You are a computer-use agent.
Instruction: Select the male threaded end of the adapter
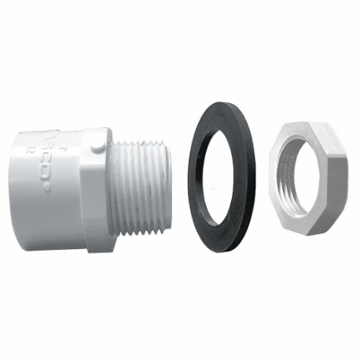point(141,181)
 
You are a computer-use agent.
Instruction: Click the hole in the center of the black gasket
point(222,180)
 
